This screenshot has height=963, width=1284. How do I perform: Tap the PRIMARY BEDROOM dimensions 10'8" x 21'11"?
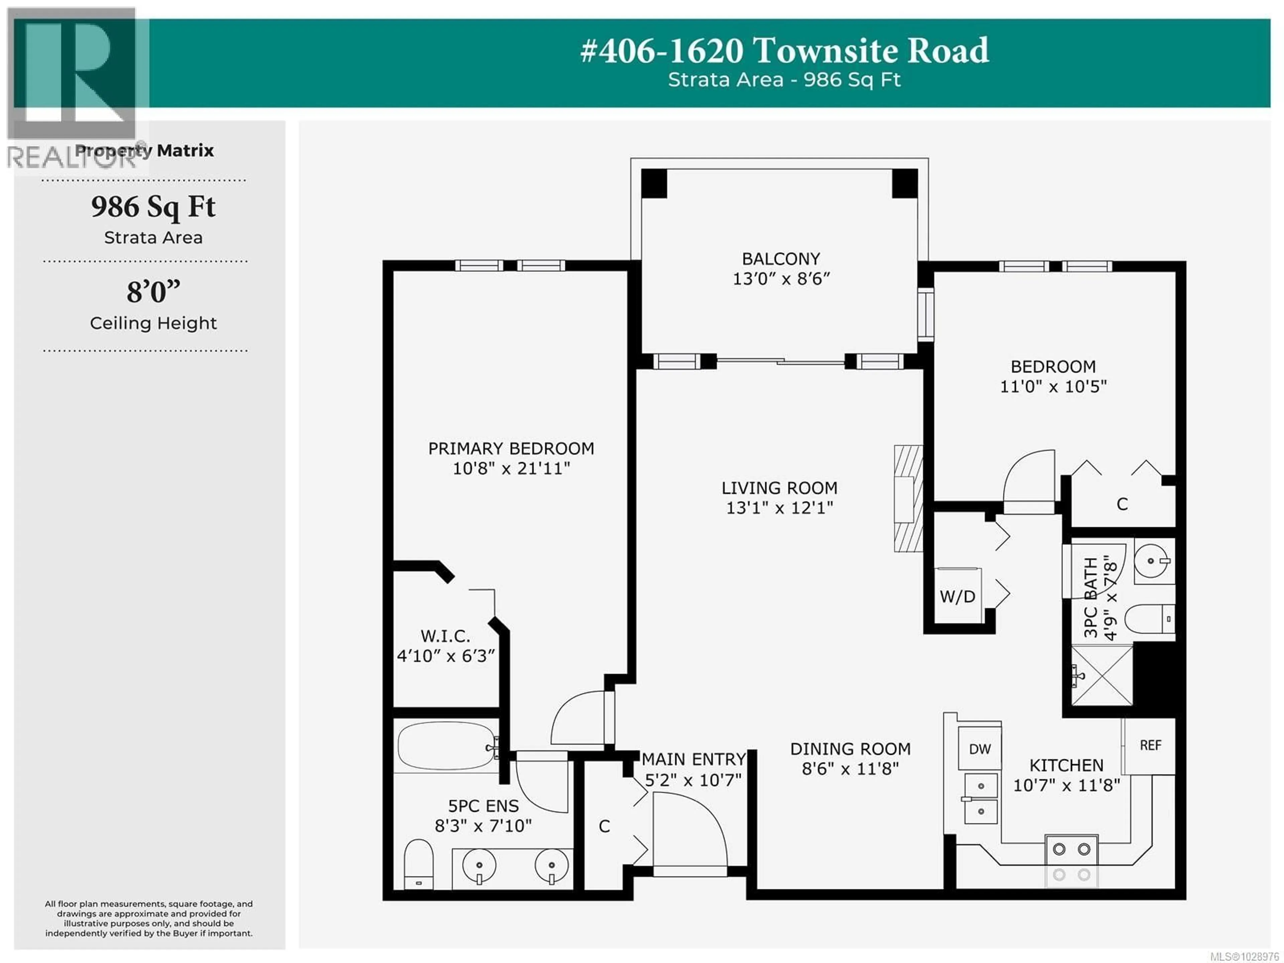click(x=511, y=469)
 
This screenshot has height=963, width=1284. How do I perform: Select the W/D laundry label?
click(x=957, y=597)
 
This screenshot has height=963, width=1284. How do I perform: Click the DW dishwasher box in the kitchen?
click(x=980, y=749)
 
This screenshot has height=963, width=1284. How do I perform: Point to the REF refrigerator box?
click(x=1150, y=745)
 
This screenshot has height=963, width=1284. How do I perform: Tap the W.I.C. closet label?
click(x=445, y=636)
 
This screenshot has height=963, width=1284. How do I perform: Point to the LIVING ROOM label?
click(x=779, y=488)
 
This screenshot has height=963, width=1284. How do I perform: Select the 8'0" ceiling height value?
click(x=153, y=291)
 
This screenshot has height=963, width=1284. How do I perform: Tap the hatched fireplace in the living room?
click(x=908, y=498)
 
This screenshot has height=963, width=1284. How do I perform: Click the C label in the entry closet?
click(x=604, y=826)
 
